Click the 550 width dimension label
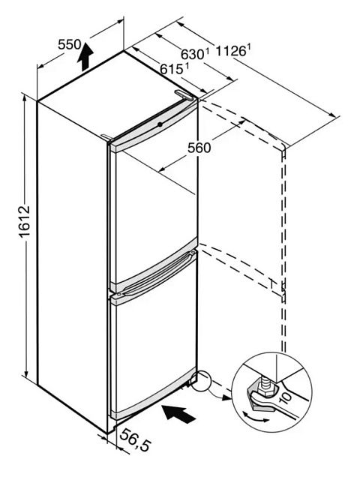pos(69,45)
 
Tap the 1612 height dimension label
pos(25,221)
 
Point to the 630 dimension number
pos(193,54)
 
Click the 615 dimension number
pos(172,69)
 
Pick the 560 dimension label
pos(199,148)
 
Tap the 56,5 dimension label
pos(135,439)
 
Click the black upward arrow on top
pos(85,56)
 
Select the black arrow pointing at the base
pos(178,414)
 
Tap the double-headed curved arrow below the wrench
pos(256,417)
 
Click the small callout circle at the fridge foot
pos(200,381)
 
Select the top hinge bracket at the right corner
pos(183,94)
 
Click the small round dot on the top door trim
pos(160,124)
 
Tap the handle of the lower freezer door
pos(157,273)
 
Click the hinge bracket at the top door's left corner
pos(106,137)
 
